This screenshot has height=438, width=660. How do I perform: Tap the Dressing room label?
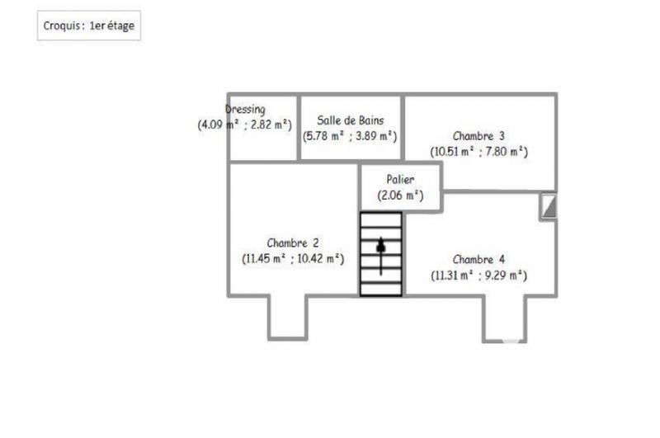(x=245, y=110)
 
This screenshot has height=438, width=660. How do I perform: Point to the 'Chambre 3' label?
(x=478, y=136)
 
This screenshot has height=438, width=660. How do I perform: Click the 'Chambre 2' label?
(x=293, y=243)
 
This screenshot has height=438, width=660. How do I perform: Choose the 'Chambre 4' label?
(x=478, y=260)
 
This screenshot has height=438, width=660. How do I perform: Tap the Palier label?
(x=400, y=180)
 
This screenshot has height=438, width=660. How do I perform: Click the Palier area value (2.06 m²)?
(x=400, y=195)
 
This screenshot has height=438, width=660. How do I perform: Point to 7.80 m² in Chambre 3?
(x=505, y=152)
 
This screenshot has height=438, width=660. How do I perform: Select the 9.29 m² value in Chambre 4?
(x=505, y=276)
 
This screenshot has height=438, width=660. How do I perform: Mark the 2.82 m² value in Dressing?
(x=272, y=125)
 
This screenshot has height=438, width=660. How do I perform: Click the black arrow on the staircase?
(x=381, y=247)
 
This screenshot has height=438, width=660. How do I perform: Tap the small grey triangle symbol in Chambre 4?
(x=549, y=206)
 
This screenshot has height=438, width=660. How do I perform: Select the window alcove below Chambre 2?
(x=287, y=316)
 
